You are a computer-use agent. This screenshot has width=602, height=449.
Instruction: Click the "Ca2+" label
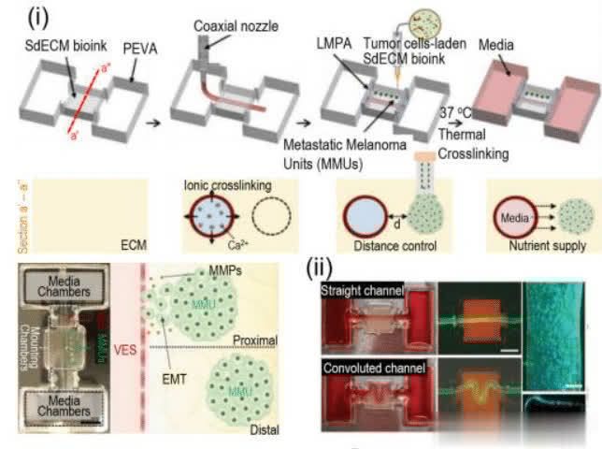(241, 245)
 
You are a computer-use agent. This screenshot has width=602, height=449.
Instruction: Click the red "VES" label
(127, 325)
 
